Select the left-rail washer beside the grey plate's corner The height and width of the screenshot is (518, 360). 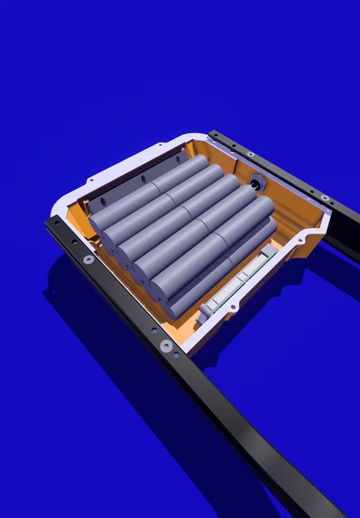pos(89,259)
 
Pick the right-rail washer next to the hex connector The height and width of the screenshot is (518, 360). pos(250,154)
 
